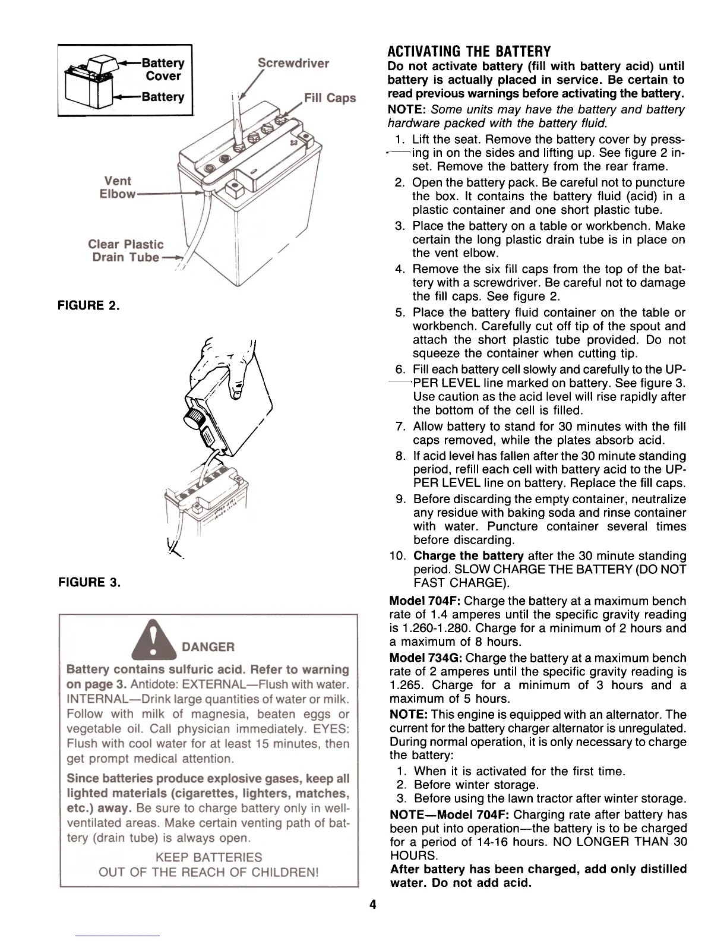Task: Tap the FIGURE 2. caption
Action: (88, 307)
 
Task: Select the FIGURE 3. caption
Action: (89, 582)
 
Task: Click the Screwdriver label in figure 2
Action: (293, 64)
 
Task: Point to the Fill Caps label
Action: (330, 98)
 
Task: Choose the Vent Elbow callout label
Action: (118, 187)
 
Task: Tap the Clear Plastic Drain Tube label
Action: (126, 251)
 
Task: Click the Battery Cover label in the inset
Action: (163, 70)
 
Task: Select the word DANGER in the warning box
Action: (208, 647)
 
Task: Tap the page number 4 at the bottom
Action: (372, 905)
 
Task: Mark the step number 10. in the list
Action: (399, 556)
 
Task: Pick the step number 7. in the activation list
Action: (400, 427)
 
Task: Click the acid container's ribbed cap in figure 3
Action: (195, 416)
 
